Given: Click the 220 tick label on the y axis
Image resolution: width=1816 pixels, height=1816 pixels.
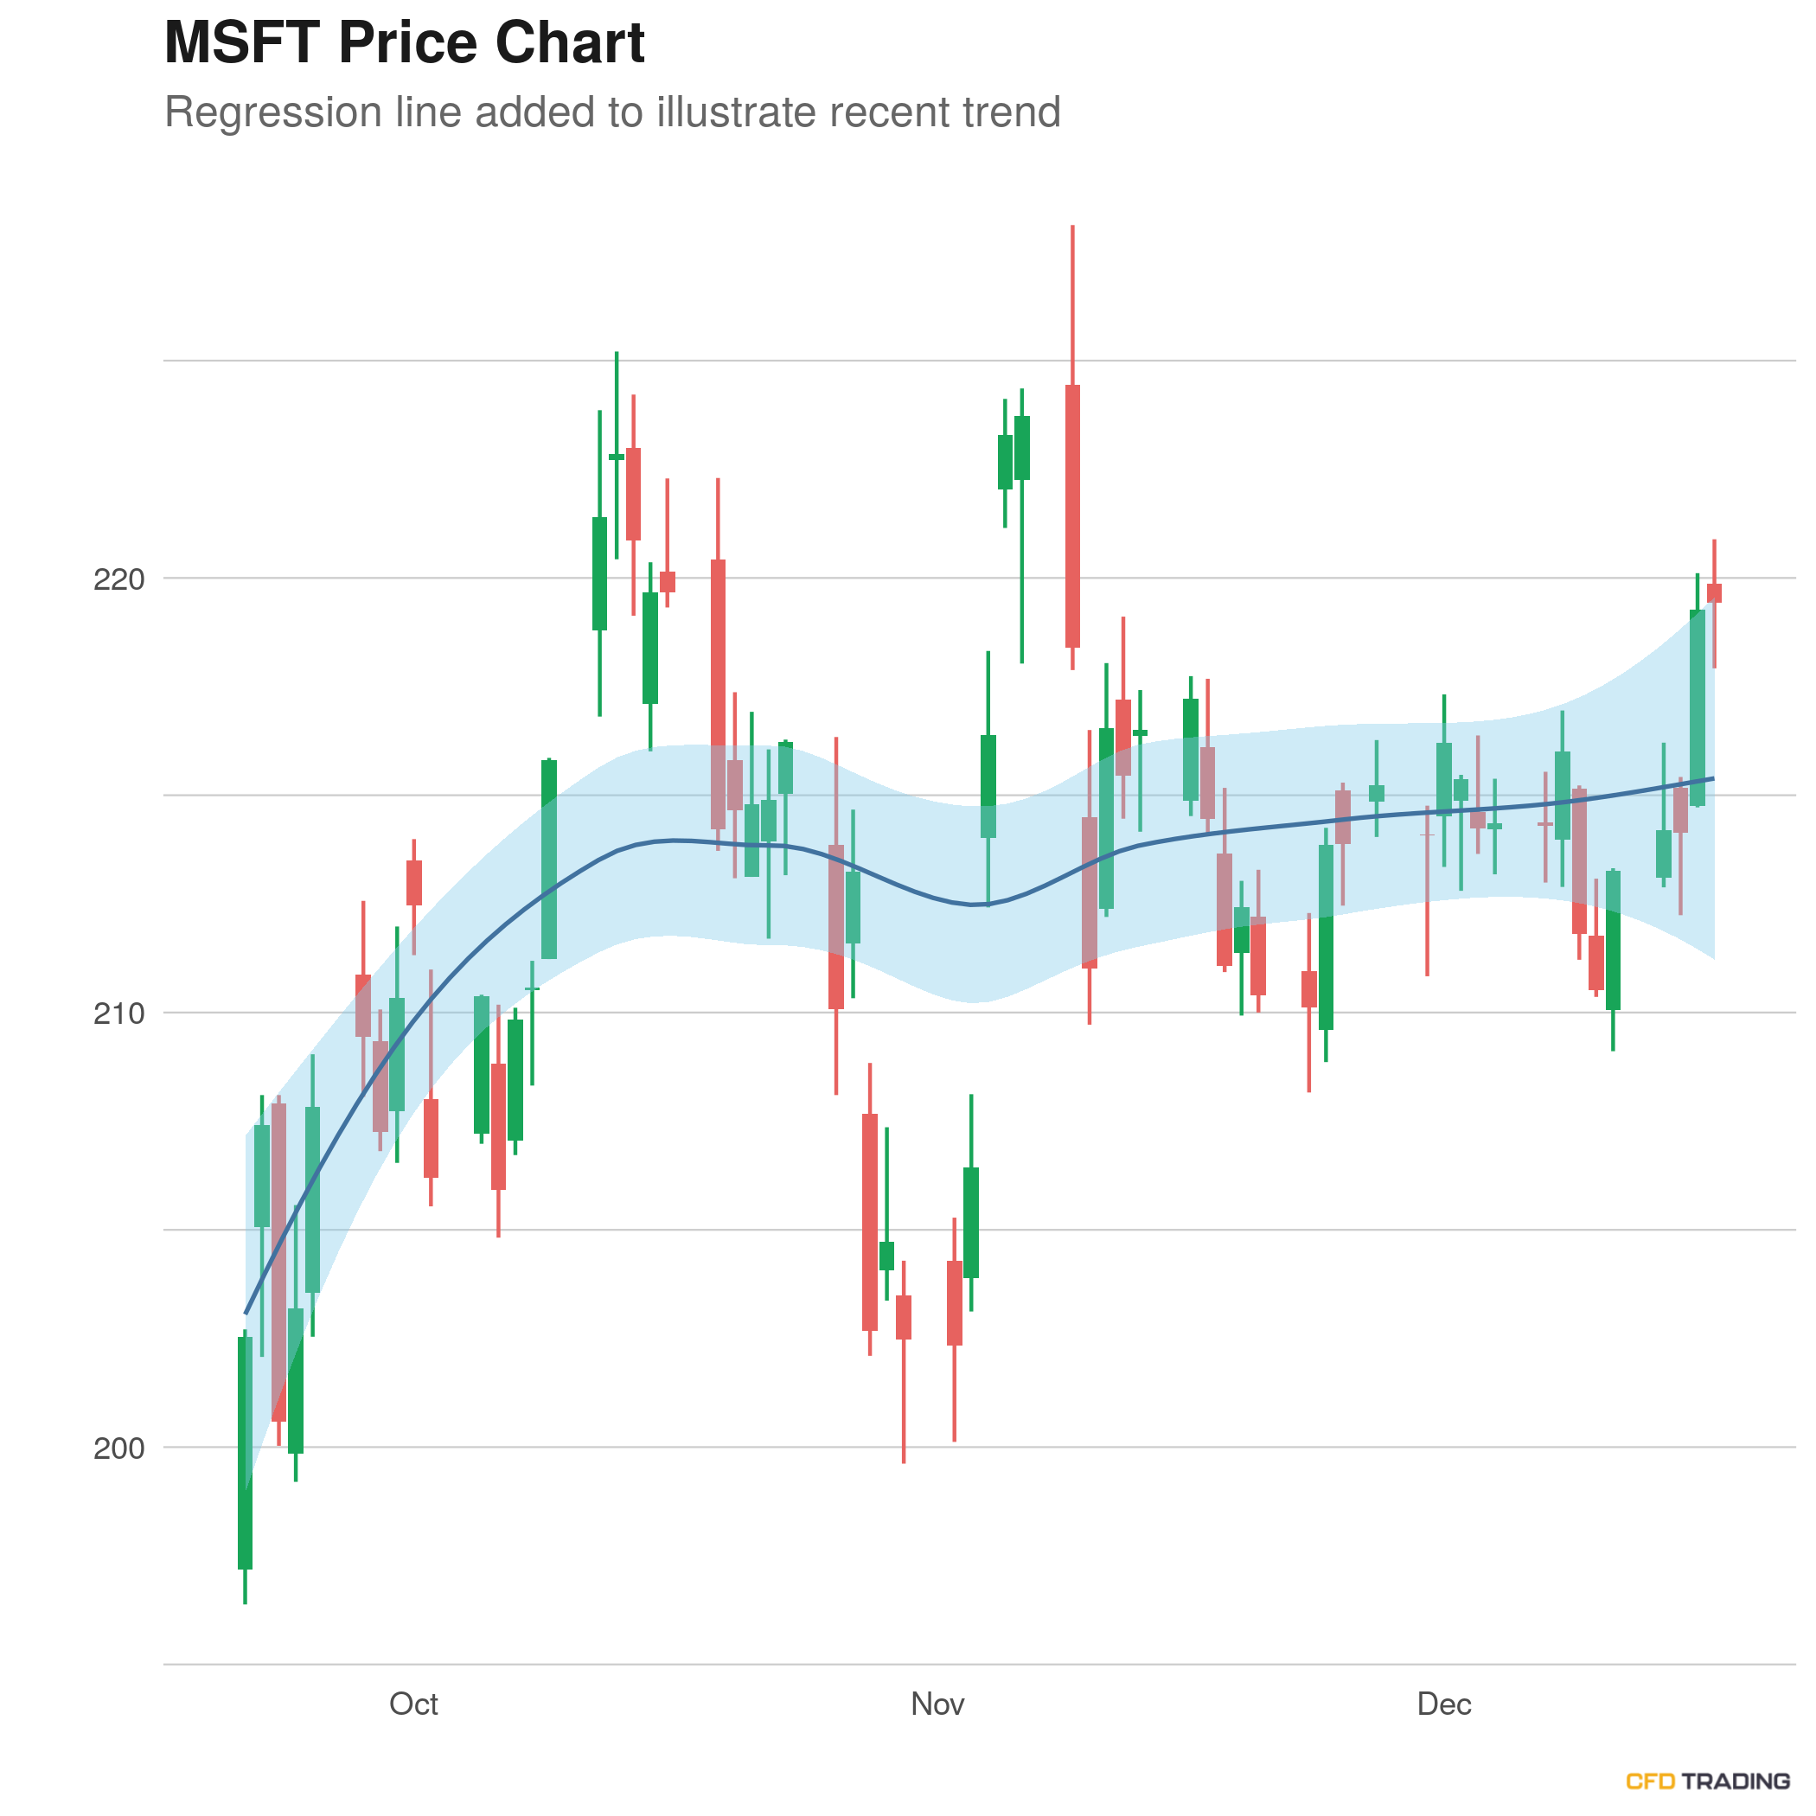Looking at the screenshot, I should tap(119, 579).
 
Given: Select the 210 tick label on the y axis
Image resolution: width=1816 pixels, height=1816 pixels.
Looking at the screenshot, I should tap(119, 1014).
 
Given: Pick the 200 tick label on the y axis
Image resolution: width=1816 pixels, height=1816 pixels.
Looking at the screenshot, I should tap(119, 1448).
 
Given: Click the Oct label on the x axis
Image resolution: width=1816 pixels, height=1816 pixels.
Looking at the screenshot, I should tap(413, 1704).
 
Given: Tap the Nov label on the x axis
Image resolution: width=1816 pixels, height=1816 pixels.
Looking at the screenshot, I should tap(937, 1704).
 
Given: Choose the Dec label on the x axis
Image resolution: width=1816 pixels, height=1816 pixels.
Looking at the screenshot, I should tap(1444, 1704).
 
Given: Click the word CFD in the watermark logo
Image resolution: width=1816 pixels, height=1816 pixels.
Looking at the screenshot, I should tap(1650, 1781).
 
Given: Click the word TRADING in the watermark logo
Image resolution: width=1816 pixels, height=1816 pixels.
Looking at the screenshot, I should tap(1736, 1781).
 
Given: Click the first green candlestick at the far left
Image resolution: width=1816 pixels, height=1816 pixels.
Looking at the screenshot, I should tap(246, 1452).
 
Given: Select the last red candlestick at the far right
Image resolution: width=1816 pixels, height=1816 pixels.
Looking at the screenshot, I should tap(1714, 593).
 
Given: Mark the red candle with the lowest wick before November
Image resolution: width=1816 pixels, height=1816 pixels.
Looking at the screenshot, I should tap(904, 1317).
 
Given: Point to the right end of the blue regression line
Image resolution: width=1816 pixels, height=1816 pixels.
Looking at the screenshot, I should tap(1712, 779).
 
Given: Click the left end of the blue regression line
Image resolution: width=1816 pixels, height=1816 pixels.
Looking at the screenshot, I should tap(246, 1312).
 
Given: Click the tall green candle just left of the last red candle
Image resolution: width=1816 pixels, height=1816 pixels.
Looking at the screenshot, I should tap(1697, 707).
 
